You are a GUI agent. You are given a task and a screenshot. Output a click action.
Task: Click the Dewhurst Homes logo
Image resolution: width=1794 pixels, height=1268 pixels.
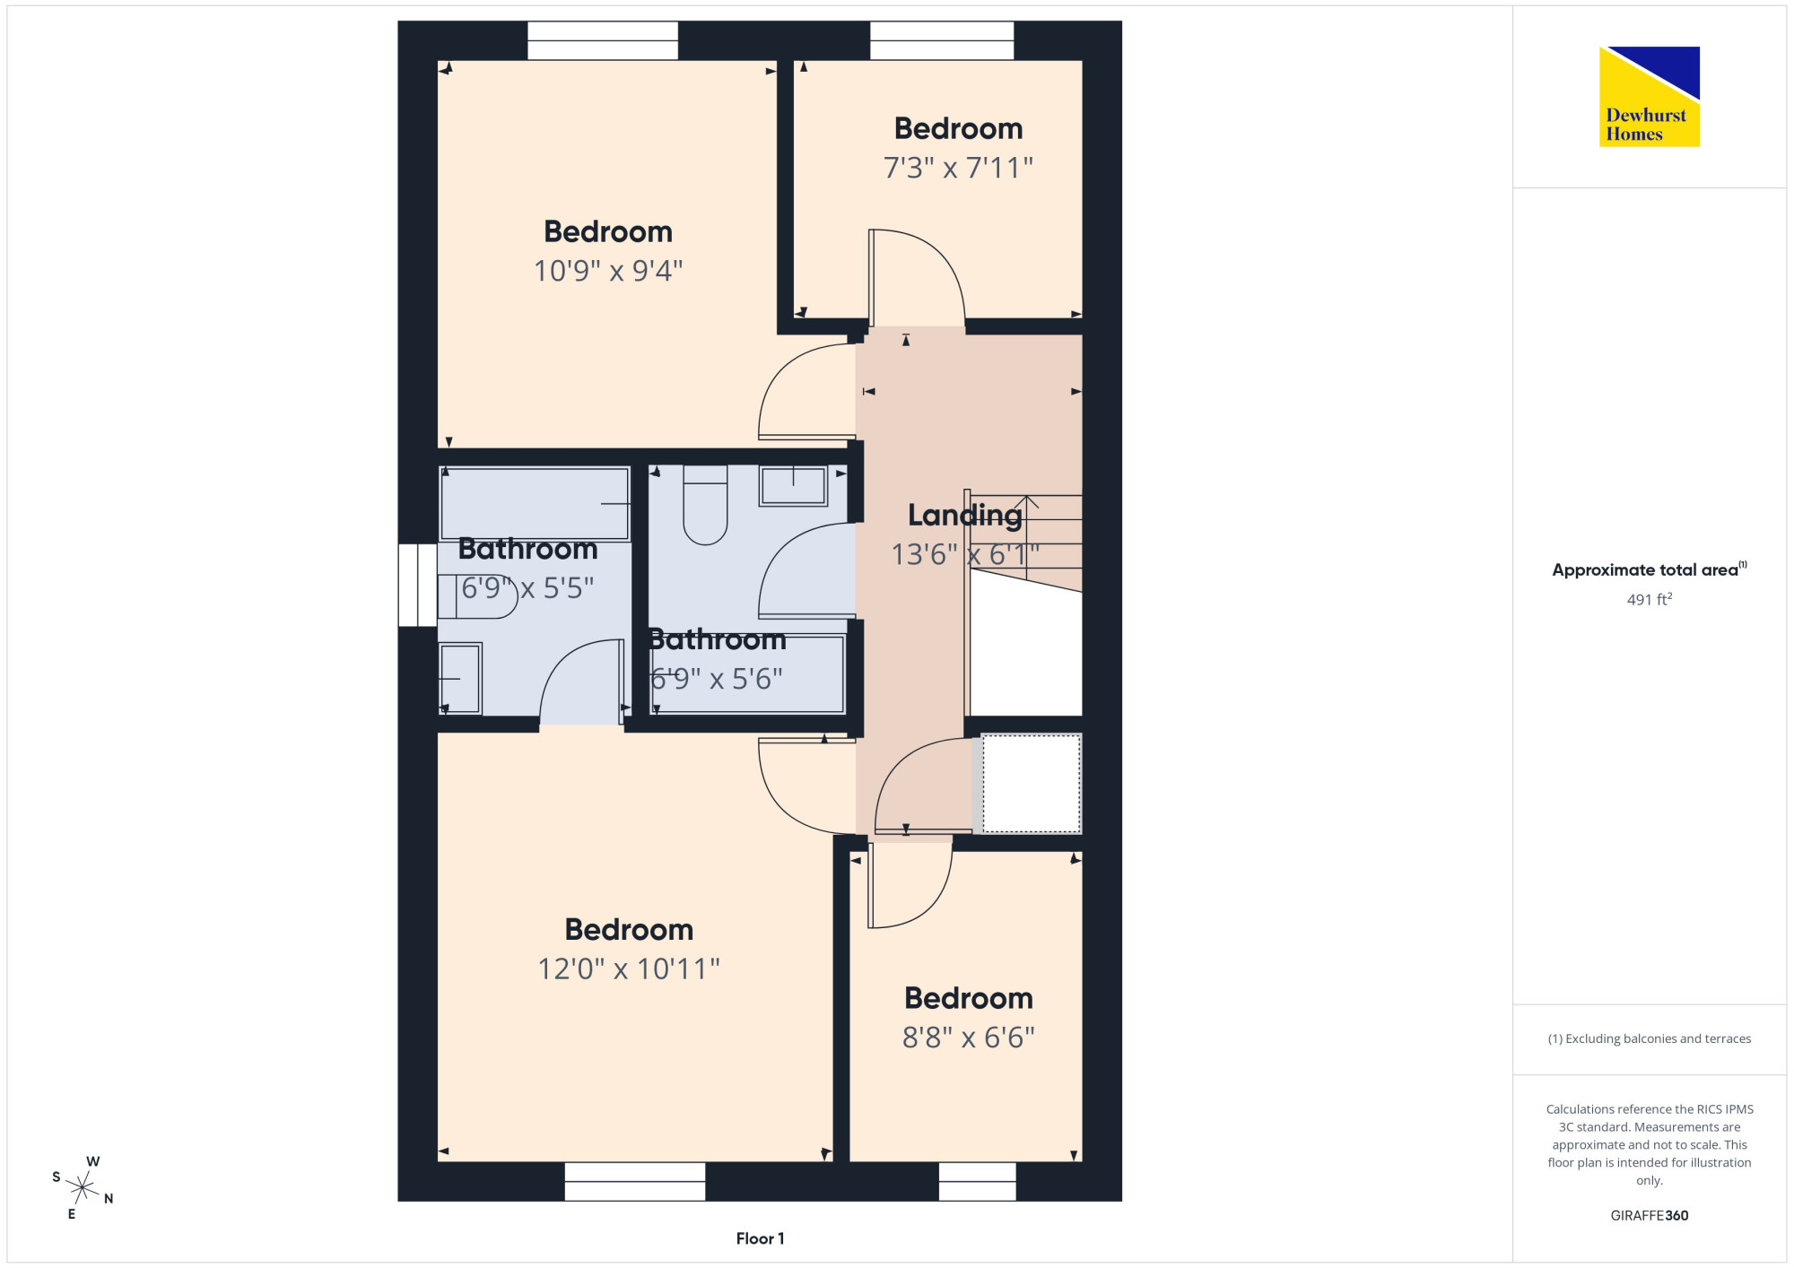(1649, 97)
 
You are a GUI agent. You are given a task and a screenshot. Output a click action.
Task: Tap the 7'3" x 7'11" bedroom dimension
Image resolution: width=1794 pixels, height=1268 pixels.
(958, 168)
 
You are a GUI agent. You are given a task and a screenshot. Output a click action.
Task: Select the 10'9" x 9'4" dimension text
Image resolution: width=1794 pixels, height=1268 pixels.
(608, 271)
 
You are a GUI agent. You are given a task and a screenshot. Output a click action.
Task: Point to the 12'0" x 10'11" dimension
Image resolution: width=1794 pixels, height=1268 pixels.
(629, 968)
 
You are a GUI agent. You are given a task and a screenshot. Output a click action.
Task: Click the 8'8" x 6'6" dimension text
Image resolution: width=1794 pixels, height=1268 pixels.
(968, 1038)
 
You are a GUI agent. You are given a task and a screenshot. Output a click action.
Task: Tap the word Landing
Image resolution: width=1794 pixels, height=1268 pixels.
(964, 516)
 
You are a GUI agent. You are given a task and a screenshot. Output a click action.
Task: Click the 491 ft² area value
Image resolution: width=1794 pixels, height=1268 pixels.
(1649, 599)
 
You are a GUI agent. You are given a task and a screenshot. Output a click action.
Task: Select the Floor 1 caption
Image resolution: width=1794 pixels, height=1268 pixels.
(760, 1238)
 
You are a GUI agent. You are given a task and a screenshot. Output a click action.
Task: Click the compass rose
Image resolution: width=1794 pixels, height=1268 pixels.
(83, 1188)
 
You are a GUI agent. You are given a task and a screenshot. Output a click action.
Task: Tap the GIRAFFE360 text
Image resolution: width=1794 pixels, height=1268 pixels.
(1649, 1216)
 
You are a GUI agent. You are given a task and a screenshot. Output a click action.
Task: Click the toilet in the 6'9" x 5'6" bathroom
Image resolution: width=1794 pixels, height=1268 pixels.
(705, 505)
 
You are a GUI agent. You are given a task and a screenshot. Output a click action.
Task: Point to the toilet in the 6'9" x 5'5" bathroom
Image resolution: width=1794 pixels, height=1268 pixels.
(478, 597)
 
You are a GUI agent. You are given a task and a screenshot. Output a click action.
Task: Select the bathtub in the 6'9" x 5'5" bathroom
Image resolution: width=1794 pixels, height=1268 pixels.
(535, 503)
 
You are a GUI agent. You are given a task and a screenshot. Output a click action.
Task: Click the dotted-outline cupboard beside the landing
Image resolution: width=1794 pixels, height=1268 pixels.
(1031, 784)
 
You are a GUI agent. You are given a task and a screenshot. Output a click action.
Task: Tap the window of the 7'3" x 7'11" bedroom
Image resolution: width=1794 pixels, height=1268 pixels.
(942, 41)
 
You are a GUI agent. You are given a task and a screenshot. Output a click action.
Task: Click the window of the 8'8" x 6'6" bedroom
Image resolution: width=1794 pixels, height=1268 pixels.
(977, 1181)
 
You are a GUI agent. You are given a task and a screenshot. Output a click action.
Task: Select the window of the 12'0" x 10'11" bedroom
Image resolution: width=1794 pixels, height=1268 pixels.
(634, 1181)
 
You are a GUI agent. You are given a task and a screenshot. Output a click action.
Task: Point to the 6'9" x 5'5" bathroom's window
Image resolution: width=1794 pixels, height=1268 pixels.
(418, 585)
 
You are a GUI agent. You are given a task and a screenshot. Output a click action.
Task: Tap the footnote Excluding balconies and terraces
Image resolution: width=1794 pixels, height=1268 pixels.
(1649, 1038)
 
